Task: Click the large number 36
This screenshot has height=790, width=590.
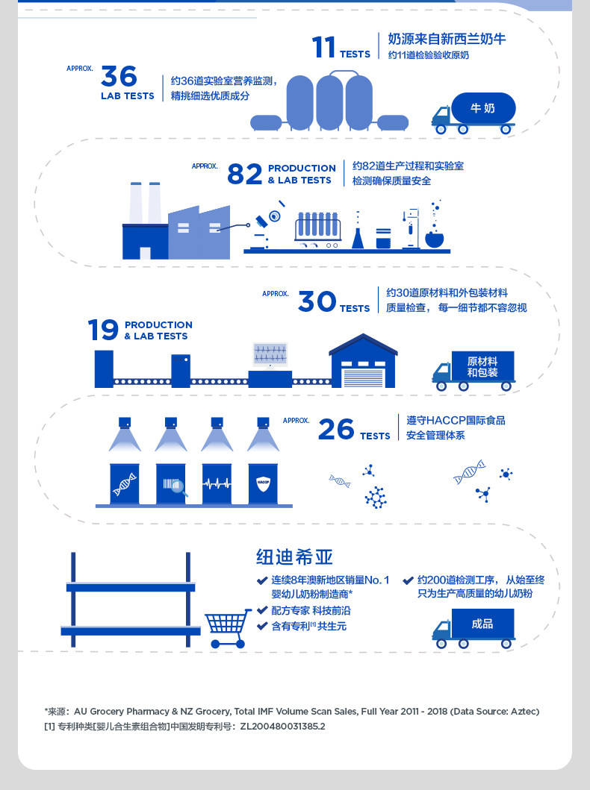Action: click(119, 76)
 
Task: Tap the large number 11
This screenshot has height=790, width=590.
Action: click(324, 47)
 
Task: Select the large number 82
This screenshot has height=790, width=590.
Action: click(244, 175)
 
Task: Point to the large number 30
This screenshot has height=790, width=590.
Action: click(317, 301)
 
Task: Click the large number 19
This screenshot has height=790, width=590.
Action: click(103, 330)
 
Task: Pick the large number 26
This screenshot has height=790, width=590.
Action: click(336, 430)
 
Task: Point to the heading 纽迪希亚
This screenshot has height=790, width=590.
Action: click(294, 557)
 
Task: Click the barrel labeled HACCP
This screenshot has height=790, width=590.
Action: click(263, 483)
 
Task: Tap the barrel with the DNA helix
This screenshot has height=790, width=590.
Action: click(124, 483)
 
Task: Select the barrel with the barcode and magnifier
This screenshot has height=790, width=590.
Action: click(171, 483)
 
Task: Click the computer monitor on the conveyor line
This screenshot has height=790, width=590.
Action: click(270, 354)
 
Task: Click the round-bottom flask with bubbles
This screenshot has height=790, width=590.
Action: click(434, 238)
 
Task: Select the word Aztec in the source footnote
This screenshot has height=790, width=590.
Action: click(522, 712)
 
